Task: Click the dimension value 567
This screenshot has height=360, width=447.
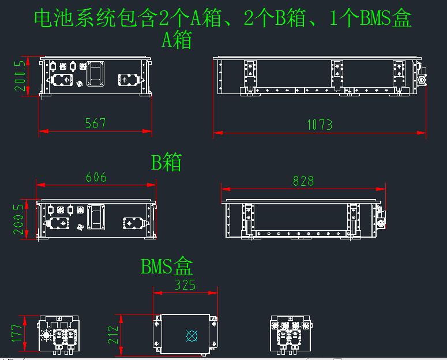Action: pos(95,123)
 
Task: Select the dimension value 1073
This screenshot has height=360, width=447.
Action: pos(319,124)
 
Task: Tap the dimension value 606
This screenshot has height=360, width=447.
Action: pos(96,177)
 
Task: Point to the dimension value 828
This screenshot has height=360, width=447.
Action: pos(303,181)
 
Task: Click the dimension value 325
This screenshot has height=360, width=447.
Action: pos(185,284)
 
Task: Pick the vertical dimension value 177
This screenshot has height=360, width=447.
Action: pos(17,333)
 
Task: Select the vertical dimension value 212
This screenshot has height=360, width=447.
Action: pos(113,334)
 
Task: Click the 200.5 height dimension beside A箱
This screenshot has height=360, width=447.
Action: pos(20,76)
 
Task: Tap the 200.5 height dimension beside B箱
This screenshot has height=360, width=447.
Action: pos(19,218)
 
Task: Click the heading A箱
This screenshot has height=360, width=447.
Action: pos(176,40)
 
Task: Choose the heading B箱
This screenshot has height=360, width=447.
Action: pos(166,162)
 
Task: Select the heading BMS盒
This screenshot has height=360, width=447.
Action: pos(167,267)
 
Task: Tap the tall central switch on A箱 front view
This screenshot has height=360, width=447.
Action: pos(96,75)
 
